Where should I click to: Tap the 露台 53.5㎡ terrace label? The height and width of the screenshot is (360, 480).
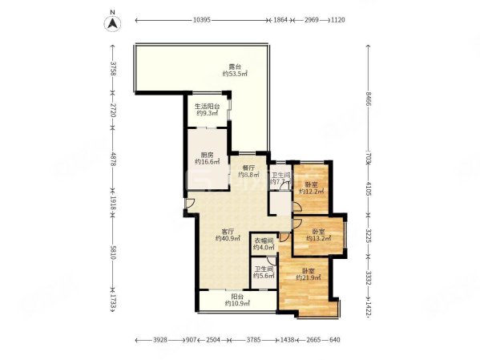coord(235,70)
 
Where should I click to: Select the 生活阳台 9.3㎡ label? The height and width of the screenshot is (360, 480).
coord(208,111)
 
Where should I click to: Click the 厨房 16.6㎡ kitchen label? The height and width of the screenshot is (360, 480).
coord(207,159)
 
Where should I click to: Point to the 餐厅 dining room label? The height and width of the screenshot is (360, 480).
coord(248,171)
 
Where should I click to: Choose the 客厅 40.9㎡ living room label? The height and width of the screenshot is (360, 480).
coord(228,235)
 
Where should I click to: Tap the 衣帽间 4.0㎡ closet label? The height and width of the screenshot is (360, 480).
coord(265,244)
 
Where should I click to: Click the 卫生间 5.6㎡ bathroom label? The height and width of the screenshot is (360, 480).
coord(264,273)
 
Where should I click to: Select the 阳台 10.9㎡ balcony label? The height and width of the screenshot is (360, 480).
coord(236,300)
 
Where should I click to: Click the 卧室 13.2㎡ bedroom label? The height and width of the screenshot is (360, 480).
coord(318,233)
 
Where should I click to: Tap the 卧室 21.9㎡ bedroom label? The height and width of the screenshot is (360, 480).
coord(309,274)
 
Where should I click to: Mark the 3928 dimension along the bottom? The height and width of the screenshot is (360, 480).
coord(160,340)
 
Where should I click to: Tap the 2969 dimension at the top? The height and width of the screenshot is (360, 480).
coord(311,18)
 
